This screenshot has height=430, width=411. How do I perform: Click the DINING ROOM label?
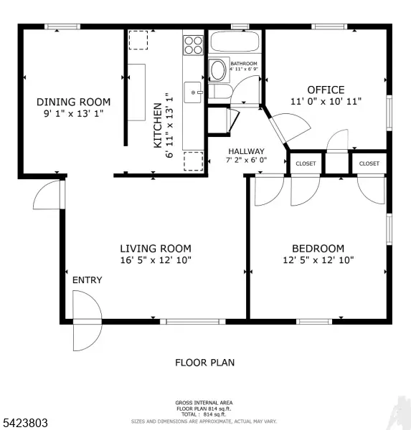pos(74,102)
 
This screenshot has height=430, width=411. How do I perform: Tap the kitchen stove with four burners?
pos(193,45)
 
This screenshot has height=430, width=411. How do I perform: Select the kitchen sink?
pos(192,92)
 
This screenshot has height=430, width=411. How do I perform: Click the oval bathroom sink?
pos(217,70)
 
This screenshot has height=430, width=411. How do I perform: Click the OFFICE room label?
pos(326,90)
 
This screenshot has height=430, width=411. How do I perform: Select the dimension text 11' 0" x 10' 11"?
pos(326,102)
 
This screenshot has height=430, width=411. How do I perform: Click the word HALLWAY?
pos(246,151)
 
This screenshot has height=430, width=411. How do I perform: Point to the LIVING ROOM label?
pos(155,248)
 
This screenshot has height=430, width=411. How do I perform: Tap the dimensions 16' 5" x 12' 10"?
pos(155,260)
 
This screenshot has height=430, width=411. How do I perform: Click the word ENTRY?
pos(87,280)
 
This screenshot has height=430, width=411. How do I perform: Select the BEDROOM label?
pos(318,248)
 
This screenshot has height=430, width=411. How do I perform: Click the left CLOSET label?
pos(306,164)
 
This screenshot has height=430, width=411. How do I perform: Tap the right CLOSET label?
pos(369,164)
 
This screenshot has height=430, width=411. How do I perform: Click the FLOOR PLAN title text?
pos(204,363)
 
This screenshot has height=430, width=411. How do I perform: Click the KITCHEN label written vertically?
pos(157,125)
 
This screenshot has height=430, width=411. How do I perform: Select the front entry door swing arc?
pos(86,323)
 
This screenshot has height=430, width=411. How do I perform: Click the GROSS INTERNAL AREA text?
pos(204,402)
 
